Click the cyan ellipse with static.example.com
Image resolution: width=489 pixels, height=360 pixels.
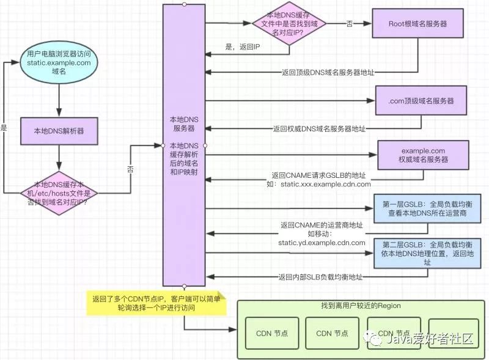pyautogui.click(x=59, y=63)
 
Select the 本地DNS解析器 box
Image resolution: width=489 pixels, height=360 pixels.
pyautogui.click(x=59, y=130)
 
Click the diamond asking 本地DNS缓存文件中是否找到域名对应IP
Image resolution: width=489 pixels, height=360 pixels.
pyautogui.click(x=290, y=24)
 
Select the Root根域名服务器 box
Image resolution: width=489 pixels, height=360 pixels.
pyautogui.click(x=417, y=24)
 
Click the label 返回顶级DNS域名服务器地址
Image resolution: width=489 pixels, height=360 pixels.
pyautogui.click(x=328, y=72)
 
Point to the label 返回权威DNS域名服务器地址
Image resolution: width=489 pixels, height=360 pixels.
pyautogui.click(x=319, y=128)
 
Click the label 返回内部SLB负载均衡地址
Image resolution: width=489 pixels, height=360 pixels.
pyautogui.click(x=320, y=277)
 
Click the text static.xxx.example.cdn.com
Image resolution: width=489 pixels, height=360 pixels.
pyautogui.click(x=326, y=184)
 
